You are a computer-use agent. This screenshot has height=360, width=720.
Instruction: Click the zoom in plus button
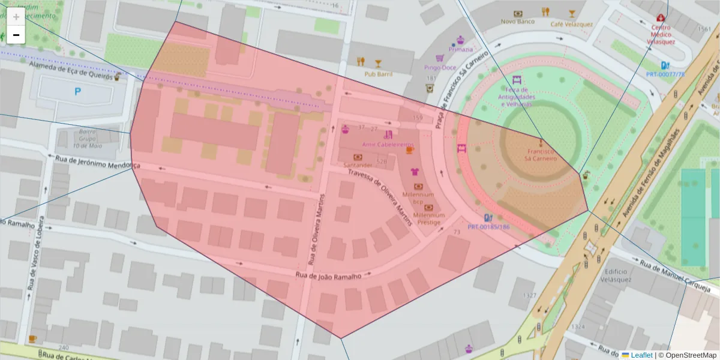(16, 17)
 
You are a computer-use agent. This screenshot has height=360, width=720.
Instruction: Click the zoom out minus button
(16, 35)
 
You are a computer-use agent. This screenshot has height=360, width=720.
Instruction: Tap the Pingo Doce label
(440, 67)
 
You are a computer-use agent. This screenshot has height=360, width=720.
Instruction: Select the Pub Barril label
(378, 74)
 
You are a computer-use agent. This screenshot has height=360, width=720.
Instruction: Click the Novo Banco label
(517, 22)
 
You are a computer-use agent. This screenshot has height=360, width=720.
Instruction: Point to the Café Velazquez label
(572, 24)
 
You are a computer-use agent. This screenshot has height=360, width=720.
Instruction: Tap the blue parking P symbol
(77, 92)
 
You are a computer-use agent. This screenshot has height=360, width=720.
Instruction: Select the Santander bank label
(358, 164)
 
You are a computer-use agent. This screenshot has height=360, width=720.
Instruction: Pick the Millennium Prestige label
(429, 218)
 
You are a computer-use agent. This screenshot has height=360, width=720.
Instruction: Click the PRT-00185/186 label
(488, 227)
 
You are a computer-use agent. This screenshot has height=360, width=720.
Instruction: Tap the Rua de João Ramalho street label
(328, 275)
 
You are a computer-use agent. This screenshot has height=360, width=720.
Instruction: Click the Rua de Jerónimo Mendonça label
(97, 161)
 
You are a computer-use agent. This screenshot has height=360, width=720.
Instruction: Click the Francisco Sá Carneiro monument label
(541, 155)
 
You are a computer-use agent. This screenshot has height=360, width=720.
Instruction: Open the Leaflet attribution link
(641, 355)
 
